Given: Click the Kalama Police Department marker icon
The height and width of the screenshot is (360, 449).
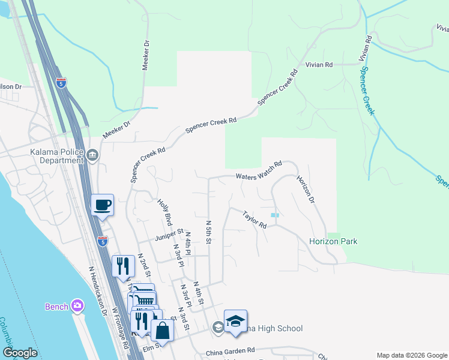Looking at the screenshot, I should pyautogui.click(x=92, y=156).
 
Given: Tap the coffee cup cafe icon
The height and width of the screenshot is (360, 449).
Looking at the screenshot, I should pyautogui.click(x=102, y=205).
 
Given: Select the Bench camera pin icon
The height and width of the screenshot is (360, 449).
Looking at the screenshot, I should pyautogui.click(x=77, y=306).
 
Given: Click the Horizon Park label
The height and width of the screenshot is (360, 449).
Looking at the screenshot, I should pyautogui.click(x=333, y=241).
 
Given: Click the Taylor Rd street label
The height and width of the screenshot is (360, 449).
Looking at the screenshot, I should pyautogui.click(x=255, y=219).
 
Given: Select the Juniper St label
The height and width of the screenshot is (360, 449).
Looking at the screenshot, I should pyautogui.click(x=168, y=233).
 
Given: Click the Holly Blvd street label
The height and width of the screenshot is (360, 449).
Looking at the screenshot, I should pyautogui.click(x=165, y=211).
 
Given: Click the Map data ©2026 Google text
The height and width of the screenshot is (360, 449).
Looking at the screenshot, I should pyautogui.click(x=411, y=355).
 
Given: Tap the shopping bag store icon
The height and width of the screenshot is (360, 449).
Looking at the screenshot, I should pyautogui.click(x=162, y=329).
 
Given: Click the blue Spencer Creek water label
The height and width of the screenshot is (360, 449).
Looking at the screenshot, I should pyautogui.click(x=367, y=90).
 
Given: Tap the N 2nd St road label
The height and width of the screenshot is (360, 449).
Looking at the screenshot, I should pyautogui.click(x=144, y=265).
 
